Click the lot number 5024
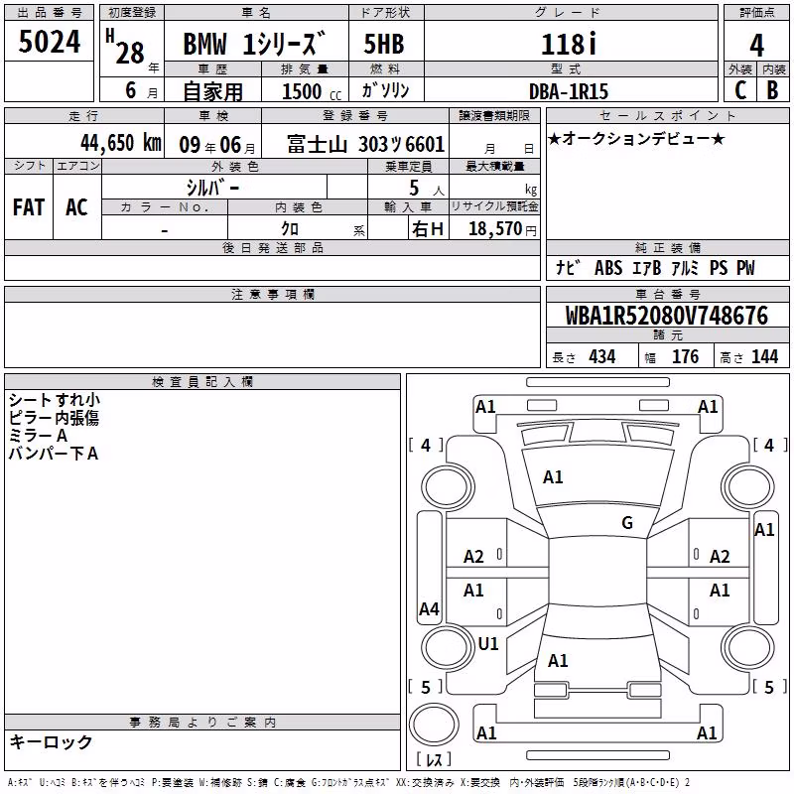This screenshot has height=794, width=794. tap(49, 42)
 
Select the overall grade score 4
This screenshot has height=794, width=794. tap(756, 45)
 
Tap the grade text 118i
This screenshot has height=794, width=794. tap(569, 44)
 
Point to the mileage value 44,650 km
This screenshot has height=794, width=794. tap(121, 143)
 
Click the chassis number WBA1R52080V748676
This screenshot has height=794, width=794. tap(666, 316)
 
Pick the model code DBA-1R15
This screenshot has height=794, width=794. tap(568, 91)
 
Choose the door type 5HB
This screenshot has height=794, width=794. tap(384, 44)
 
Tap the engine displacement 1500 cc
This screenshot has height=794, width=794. tap(312, 91)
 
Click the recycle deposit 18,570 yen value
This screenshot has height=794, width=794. tap(502, 229)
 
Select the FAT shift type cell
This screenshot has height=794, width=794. tap(29, 207)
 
